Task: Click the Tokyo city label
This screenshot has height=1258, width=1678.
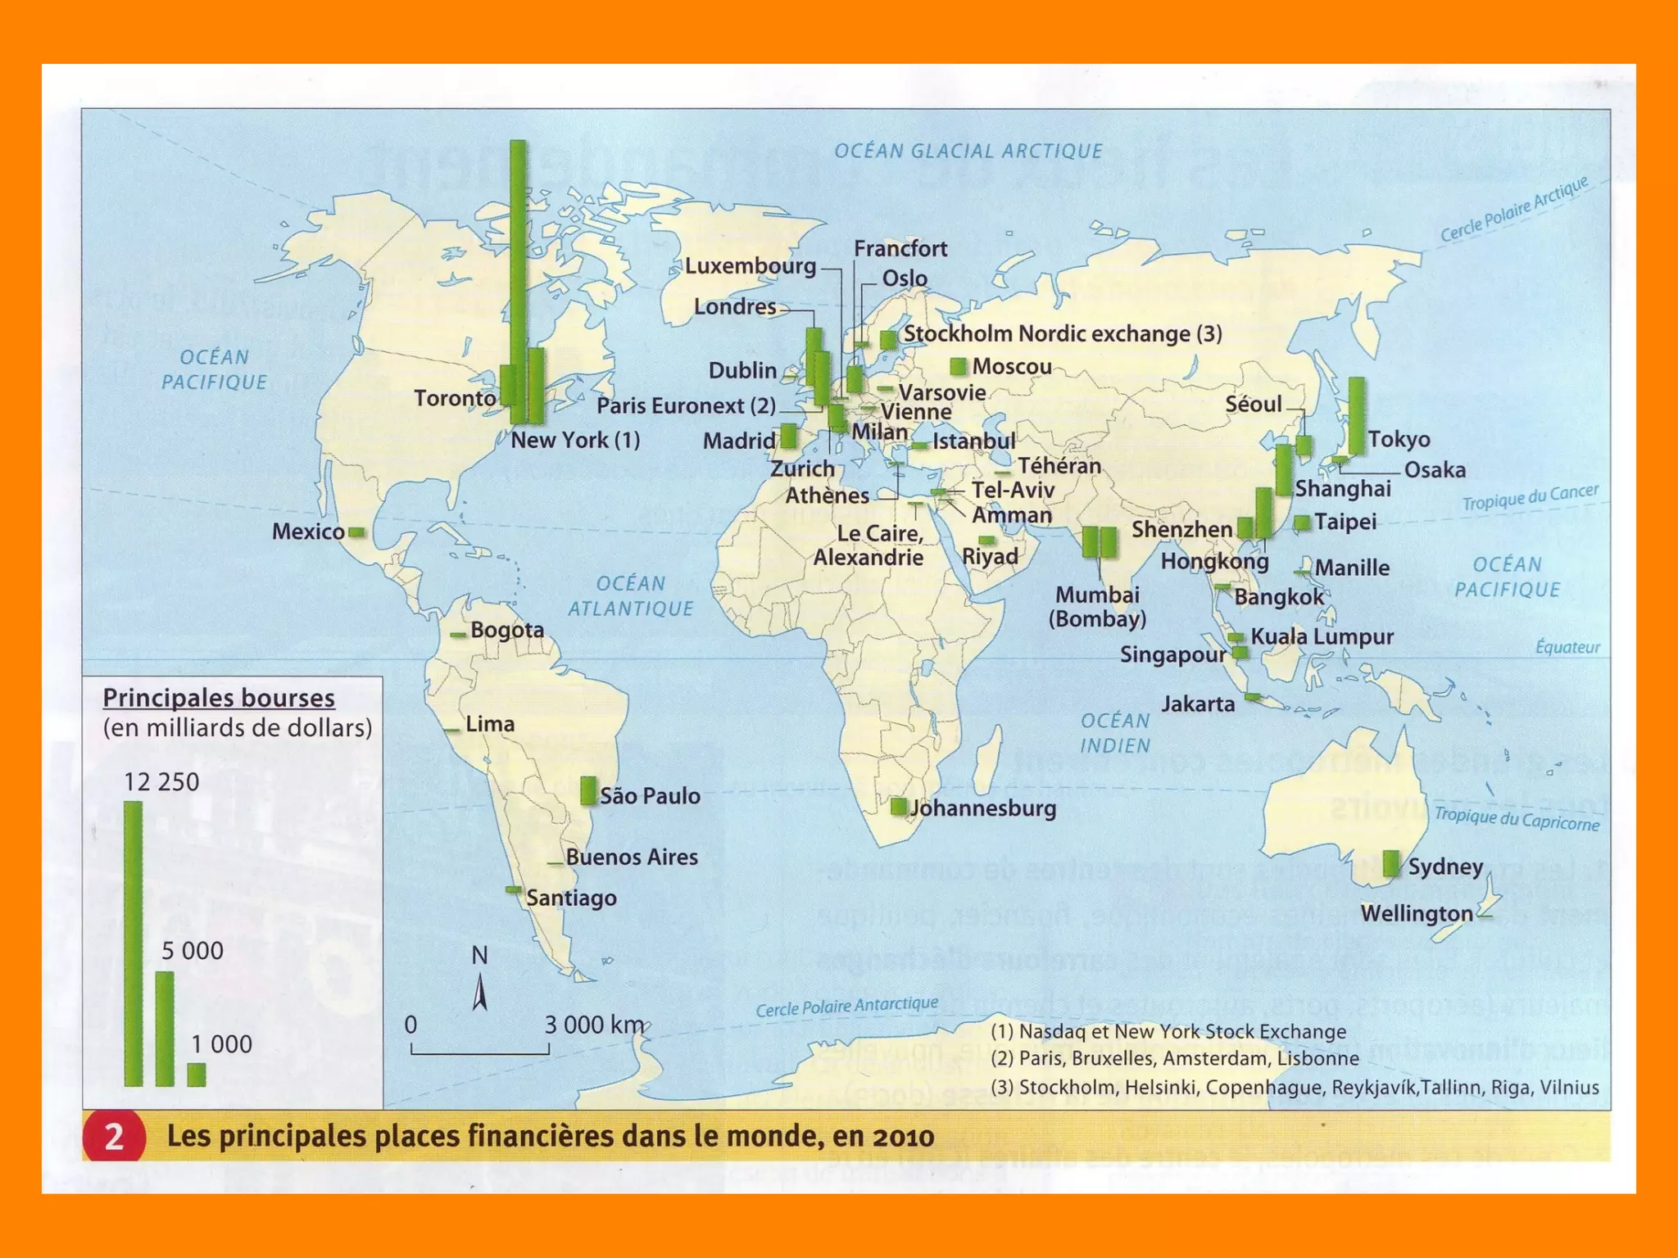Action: click(1399, 440)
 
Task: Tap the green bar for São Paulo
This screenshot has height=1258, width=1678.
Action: click(587, 790)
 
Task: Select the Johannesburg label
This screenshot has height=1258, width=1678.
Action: click(983, 808)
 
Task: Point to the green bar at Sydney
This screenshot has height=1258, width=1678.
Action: click(1390, 863)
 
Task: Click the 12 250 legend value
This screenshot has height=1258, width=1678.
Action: click(161, 782)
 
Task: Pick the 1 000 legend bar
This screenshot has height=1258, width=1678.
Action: click(197, 1074)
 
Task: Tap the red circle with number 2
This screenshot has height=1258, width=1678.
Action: click(114, 1137)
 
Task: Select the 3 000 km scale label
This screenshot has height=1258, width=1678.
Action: click(595, 1025)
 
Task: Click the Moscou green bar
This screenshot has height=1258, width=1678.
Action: click(957, 366)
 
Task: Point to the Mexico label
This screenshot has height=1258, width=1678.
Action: click(308, 532)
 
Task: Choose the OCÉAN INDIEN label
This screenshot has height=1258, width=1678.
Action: click(1115, 733)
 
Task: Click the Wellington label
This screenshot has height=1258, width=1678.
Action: click(1417, 913)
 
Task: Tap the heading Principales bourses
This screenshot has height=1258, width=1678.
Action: click(219, 698)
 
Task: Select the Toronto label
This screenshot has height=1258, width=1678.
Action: click(455, 398)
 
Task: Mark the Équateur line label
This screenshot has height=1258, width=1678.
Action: click(1567, 647)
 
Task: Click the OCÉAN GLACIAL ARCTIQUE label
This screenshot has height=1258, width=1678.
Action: click(968, 152)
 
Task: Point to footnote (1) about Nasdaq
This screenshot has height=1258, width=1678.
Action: click(1168, 1032)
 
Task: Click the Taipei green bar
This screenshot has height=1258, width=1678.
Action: click(1301, 523)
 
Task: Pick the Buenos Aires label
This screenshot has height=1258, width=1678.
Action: click(632, 858)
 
